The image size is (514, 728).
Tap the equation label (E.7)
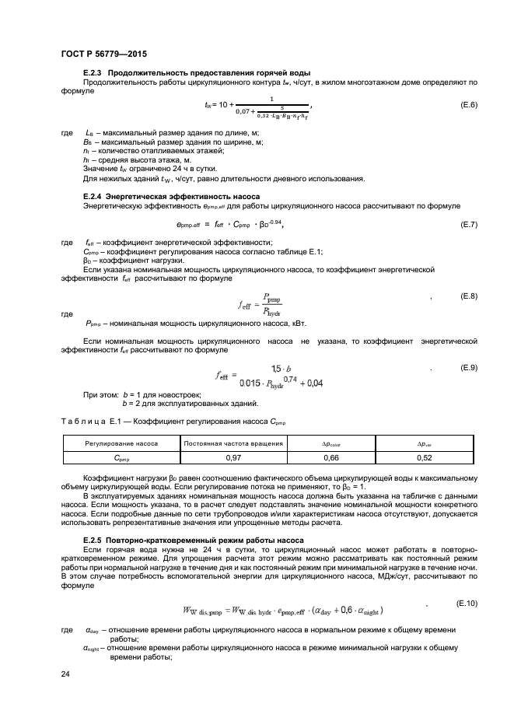click(x=469, y=225)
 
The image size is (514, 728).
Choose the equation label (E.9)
click(x=469, y=366)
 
